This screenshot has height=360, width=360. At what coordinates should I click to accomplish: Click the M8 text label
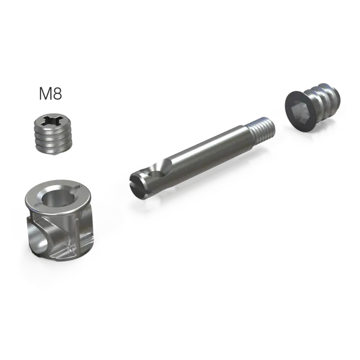50,94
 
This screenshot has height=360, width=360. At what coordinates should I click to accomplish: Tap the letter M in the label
45,94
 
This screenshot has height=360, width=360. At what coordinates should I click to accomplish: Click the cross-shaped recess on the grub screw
53,120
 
